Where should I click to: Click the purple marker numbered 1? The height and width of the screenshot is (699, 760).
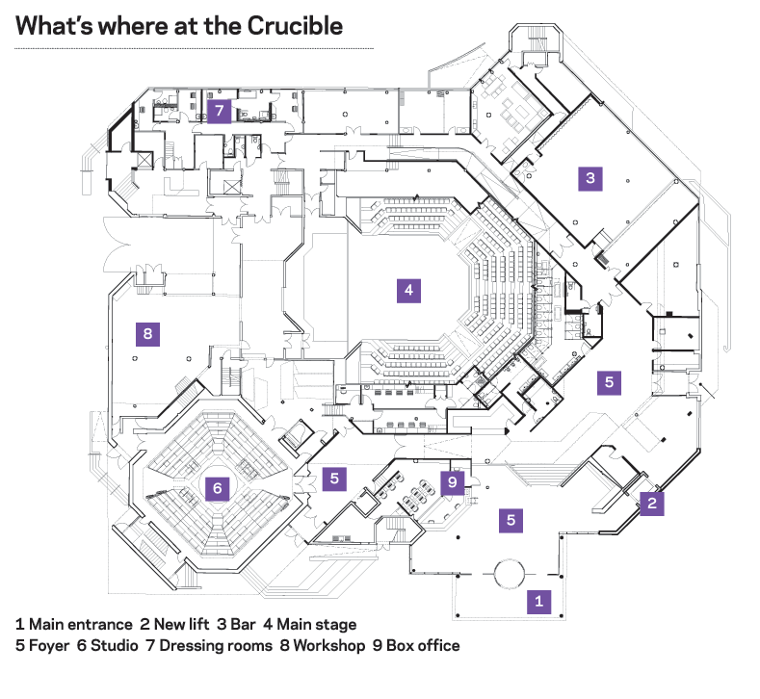[x=537, y=602]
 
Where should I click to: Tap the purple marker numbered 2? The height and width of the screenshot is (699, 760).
[x=652, y=502]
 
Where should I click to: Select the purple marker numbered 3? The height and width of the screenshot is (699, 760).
[x=590, y=177]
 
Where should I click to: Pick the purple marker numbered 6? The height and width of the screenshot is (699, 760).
[x=218, y=488]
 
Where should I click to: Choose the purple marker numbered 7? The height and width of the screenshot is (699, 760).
[x=219, y=111]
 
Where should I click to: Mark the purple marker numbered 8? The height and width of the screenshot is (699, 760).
[x=147, y=334]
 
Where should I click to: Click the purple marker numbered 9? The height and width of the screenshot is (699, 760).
[x=454, y=480]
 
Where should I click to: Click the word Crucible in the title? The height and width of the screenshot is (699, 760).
[x=294, y=26]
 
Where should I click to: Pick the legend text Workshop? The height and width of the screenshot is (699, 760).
[x=331, y=645]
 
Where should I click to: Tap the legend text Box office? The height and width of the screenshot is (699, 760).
[x=423, y=645]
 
